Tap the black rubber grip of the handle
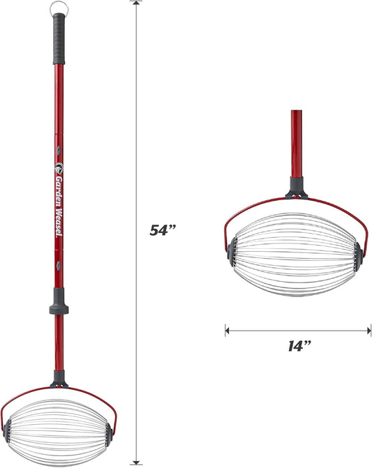(x=59, y=39)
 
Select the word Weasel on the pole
(x=59, y=224)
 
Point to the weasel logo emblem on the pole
(x=59, y=168)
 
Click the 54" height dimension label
(x=163, y=230)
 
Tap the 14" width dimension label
(x=299, y=346)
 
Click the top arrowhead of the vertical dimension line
(x=136, y=3)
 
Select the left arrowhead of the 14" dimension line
(x=228, y=331)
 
